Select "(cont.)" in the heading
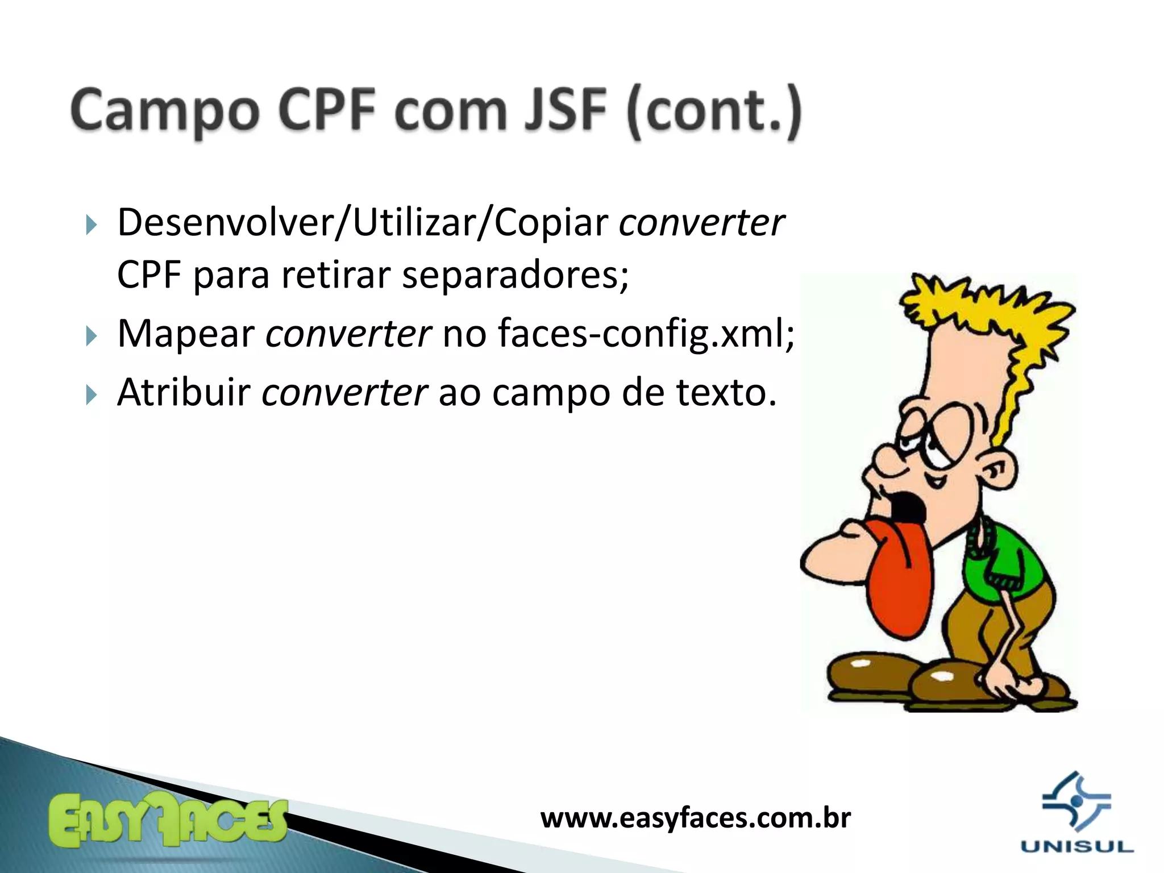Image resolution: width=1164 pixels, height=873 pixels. coord(714,111)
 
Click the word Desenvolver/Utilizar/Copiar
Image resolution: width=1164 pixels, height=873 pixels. coord(363,223)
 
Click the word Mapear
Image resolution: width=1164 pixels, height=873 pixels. coord(186,334)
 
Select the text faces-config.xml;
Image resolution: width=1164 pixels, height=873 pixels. coord(646,334)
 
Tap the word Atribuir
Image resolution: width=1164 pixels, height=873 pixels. coord(184,392)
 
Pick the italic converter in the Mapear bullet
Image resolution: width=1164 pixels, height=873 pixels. coord(348,334)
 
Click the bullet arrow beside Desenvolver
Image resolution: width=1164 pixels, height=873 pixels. coord(92,225)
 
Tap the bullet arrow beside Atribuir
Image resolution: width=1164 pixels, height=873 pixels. coord(92,394)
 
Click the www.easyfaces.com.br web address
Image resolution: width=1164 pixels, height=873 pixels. coord(696,818)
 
